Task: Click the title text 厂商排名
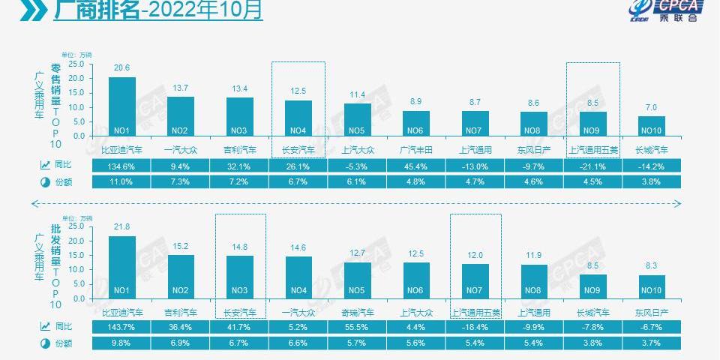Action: click(97, 11)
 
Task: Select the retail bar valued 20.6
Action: click(122, 106)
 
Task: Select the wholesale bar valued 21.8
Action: click(122, 267)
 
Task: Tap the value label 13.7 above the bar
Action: click(181, 88)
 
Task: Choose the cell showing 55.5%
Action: click(357, 326)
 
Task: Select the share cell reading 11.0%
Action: click(121, 181)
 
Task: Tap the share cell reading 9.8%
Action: click(121, 343)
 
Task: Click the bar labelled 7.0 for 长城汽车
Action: click(651, 126)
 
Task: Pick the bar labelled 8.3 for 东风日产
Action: click(651, 286)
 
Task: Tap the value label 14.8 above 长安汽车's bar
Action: click(239, 247)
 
